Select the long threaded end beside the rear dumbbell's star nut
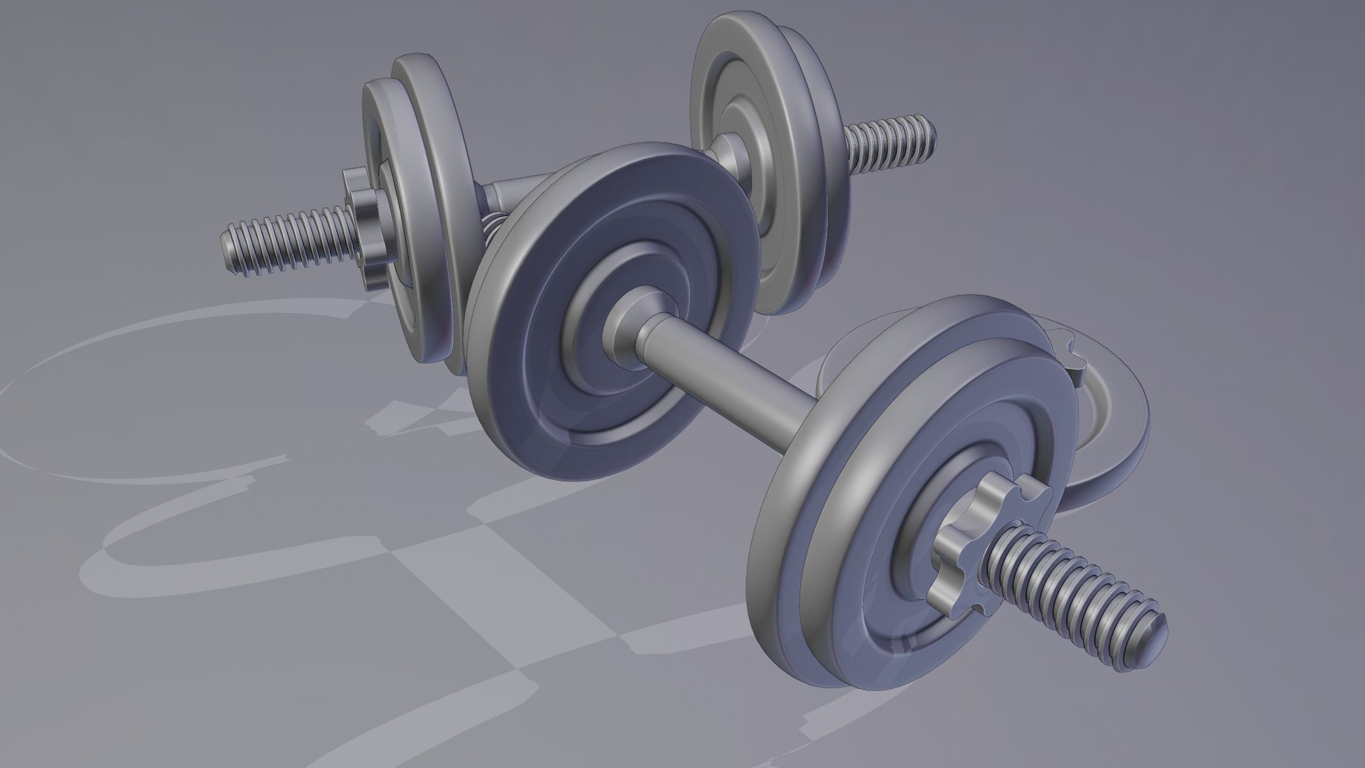coord(288,243)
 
